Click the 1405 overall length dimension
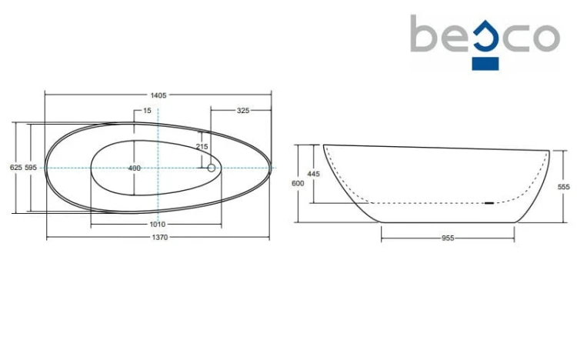pyautogui.click(x=158, y=95)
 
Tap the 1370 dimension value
pyautogui.click(x=160, y=238)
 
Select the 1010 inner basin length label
pyautogui.click(x=157, y=224)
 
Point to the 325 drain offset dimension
pyautogui.click(x=243, y=111)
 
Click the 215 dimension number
pyautogui.click(x=202, y=146)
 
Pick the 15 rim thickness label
pyautogui.click(x=147, y=111)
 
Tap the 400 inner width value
pyautogui.click(x=135, y=168)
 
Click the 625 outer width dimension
pyautogui.click(x=16, y=168)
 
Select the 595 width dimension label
pyautogui.click(x=31, y=168)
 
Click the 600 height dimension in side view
pyautogui.click(x=298, y=183)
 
